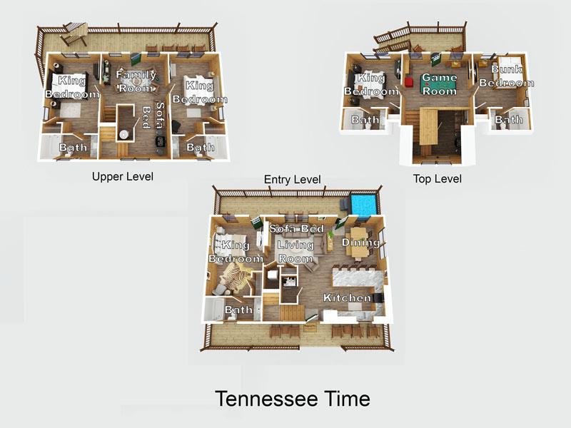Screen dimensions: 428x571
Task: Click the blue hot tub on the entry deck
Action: (x=363, y=205)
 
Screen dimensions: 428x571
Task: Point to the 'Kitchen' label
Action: (x=347, y=297)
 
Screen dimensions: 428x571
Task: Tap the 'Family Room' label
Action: (x=136, y=81)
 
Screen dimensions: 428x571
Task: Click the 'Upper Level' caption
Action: (x=123, y=176)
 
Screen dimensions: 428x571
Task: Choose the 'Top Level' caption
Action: (x=438, y=178)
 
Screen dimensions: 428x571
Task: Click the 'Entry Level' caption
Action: (x=292, y=179)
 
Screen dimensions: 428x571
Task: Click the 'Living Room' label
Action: (x=295, y=251)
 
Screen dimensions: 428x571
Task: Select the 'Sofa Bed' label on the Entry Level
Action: (x=296, y=228)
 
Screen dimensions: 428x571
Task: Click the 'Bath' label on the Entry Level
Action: (x=238, y=310)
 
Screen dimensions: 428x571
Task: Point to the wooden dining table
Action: (x=358, y=236)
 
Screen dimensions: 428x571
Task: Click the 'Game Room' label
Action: (x=439, y=83)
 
